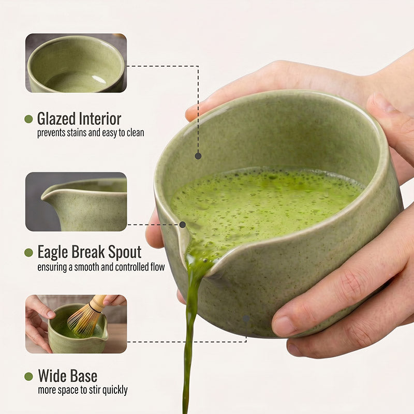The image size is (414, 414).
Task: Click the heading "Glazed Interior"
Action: tap(79, 119)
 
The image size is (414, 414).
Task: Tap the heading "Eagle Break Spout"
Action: tap(90, 252)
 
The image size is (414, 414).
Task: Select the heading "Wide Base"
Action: tap(68, 376)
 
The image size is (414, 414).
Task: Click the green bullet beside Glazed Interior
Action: tap(28, 119)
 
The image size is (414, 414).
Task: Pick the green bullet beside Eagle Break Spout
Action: tap(28, 253)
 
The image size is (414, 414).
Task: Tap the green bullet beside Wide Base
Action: tap(28, 377)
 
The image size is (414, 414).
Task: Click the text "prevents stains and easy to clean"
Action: tap(91, 133)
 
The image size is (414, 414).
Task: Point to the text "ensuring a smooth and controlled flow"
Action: tap(101, 267)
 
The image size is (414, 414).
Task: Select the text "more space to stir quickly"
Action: tap(83, 390)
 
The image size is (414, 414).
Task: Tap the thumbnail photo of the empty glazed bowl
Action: tap(76, 63)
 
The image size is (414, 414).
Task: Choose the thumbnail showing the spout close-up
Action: tap(76, 202)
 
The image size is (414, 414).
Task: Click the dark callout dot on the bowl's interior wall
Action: tap(198, 156)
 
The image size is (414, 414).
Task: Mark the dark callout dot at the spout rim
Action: tap(183, 225)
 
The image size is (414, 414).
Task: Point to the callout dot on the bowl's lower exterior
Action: tap(246, 318)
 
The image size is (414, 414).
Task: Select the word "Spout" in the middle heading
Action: tap(125, 253)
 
